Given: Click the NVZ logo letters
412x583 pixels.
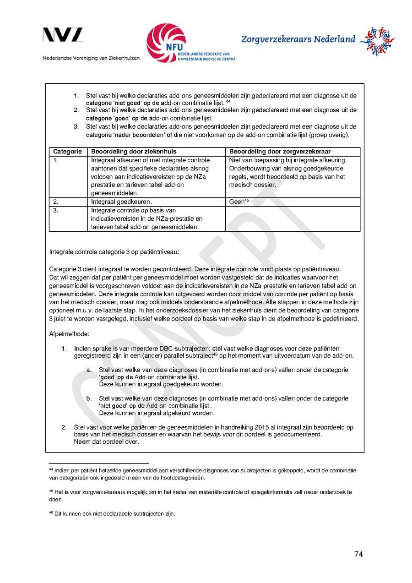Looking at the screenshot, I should click(63, 35).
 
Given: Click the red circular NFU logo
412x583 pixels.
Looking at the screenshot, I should click(166, 43).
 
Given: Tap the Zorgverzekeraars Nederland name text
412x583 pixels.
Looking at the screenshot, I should click(298, 39).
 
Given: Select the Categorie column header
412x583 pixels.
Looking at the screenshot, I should click(67, 152).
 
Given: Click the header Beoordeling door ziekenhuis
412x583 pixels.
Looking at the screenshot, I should click(134, 152).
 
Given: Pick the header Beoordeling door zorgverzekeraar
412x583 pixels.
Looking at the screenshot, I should click(280, 152).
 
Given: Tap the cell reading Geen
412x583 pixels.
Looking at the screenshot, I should click(236, 202).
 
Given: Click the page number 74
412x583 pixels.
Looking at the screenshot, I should click(358, 555).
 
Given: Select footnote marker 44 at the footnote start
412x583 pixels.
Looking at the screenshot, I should click(51, 470).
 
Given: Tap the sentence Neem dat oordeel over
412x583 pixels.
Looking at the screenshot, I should click(106, 442).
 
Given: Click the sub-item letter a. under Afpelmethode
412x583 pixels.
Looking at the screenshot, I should click(89, 370).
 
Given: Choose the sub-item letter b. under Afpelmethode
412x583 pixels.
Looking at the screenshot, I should click(89, 398).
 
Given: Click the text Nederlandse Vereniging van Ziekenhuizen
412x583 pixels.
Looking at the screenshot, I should click(91, 58).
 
